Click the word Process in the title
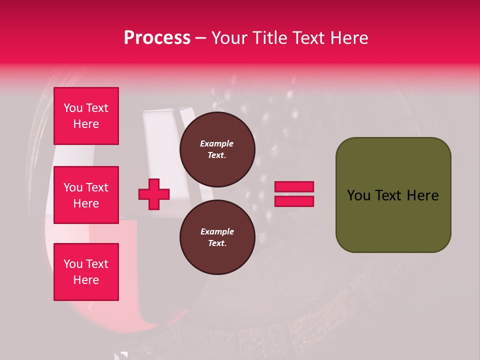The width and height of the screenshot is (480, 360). [x=157, y=38]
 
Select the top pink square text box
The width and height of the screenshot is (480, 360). [x=86, y=116]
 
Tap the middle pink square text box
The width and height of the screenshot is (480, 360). [x=86, y=195]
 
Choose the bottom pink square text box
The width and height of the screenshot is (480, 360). [x=86, y=272]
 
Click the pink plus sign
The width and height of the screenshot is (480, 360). [x=154, y=194]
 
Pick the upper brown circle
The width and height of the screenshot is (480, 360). [x=217, y=149]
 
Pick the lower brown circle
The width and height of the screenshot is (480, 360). [x=217, y=237]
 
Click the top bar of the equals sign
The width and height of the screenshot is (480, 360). [x=294, y=187]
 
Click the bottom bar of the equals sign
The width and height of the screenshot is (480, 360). [x=294, y=201]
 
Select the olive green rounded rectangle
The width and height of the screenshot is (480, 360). [x=393, y=195]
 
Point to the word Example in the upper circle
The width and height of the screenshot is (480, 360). [x=216, y=143]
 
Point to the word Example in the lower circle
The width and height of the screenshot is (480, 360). [x=217, y=231]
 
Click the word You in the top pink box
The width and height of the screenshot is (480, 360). [x=73, y=108]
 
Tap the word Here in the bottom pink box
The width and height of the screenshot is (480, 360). [x=86, y=280]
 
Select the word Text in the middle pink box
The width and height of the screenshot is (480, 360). [x=96, y=187]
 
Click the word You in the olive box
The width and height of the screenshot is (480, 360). [x=358, y=195]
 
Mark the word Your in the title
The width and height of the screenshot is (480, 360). [x=229, y=38]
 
